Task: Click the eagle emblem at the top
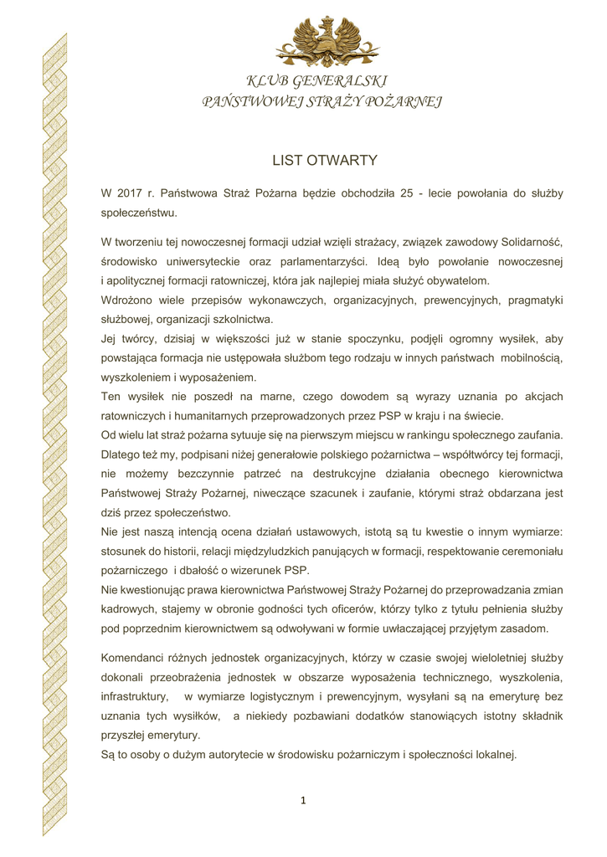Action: tap(327, 42)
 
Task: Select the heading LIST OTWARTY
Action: tap(325, 161)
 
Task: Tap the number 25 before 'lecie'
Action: tap(406, 193)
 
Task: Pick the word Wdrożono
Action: tap(126, 300)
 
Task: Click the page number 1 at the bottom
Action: tap(303, 801)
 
